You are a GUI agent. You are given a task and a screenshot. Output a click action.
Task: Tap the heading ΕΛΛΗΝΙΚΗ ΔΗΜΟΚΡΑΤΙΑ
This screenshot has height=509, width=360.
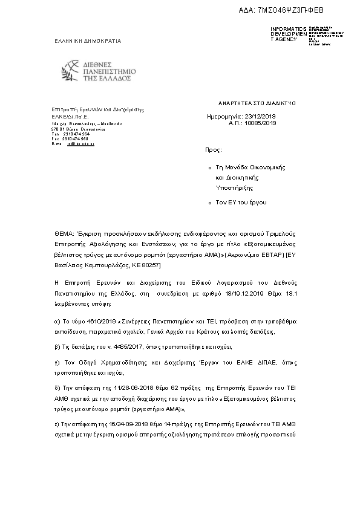coord(88,41)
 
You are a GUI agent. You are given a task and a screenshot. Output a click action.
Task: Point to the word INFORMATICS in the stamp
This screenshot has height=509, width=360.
coord(289,29)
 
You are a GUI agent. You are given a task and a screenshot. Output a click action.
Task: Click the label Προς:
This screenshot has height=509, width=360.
coord(214,148)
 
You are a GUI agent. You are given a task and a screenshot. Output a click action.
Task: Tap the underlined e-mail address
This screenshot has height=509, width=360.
coord(80,144)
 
